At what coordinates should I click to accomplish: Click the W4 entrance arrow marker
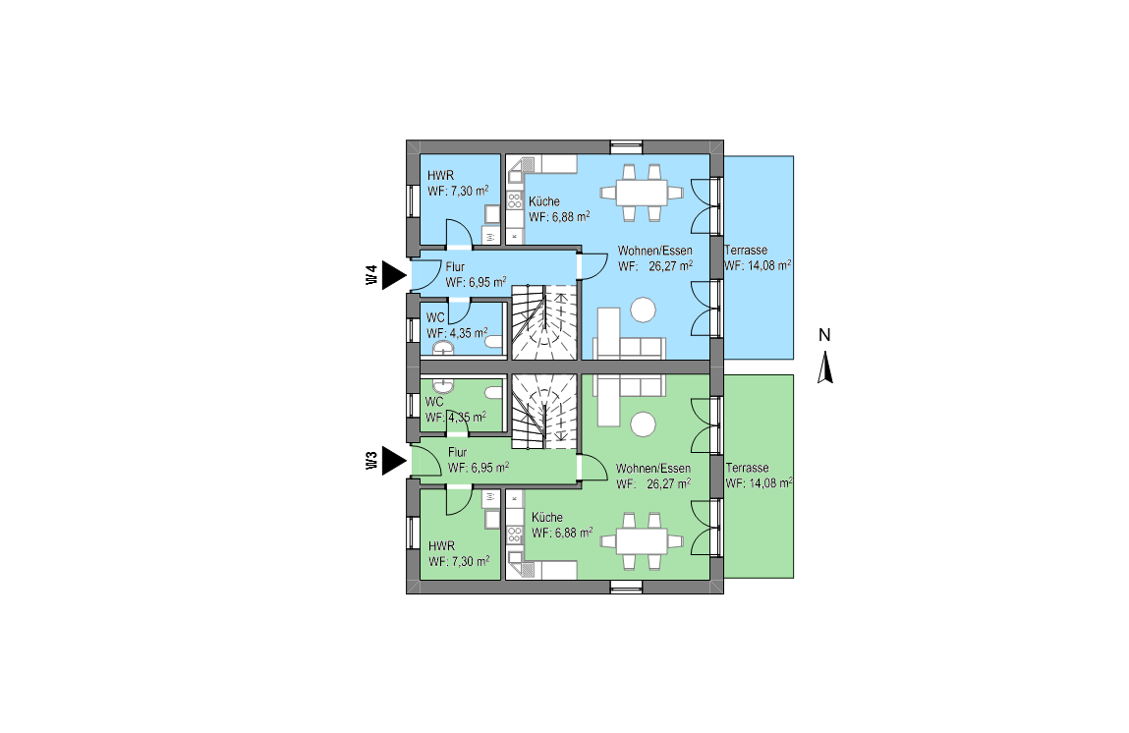coord(393,275)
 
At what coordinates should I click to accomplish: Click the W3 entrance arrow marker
coord(393,461)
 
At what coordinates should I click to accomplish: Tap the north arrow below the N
coord(825,367)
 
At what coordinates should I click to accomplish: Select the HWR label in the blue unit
coord(440,176)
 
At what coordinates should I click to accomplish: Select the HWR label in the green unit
coord(441,545)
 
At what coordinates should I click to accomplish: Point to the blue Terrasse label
coord(746,250)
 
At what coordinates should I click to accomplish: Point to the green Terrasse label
coord(748,468)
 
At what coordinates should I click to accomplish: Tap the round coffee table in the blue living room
coord(643,310)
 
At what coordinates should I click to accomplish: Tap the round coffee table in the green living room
coord(643,424)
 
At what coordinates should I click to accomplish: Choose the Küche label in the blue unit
coord(544,201)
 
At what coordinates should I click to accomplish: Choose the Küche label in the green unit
coord(547,517)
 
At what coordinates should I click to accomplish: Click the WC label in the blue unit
coord(435,317)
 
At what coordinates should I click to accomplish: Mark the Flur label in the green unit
coord(457,452)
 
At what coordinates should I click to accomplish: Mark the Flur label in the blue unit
coord(455,267)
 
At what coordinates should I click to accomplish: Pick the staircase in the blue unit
coord(544,322)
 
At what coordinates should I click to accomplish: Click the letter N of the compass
coord(824,335)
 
